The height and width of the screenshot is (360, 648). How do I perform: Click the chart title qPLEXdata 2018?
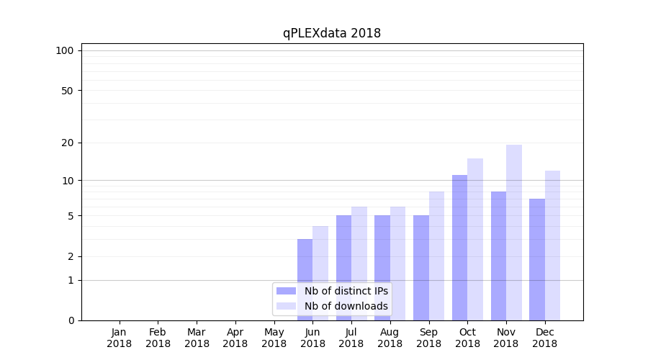pyautogui.click(x=331, y=33)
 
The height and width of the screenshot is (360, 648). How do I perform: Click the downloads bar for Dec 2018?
pyautogui.click(x=552, y=246)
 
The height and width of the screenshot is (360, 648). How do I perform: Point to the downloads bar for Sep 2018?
pyautogui.click(x=436, y=256)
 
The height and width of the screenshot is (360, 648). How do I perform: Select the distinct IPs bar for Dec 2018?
pyautogui.click(x=536, y=259)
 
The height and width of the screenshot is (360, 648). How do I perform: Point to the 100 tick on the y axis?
pyautogui.click(x=65, y=50)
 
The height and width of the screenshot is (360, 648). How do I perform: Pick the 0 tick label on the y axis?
pyautogui.click(x=71, y=320)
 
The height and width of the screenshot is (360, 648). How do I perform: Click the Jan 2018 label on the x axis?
pyautogui.click(x=120, y=338)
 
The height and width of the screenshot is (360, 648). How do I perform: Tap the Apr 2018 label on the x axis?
pyautogui.click(x=235, y=338)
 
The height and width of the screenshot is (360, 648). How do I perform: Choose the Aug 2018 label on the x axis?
pyautogui.click(x=390, y=338)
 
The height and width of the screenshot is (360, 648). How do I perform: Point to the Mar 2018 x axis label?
pyautogui.click(x=197, y=338)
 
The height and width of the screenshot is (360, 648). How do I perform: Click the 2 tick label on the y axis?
pyautogui.click(x=71, y=256)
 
